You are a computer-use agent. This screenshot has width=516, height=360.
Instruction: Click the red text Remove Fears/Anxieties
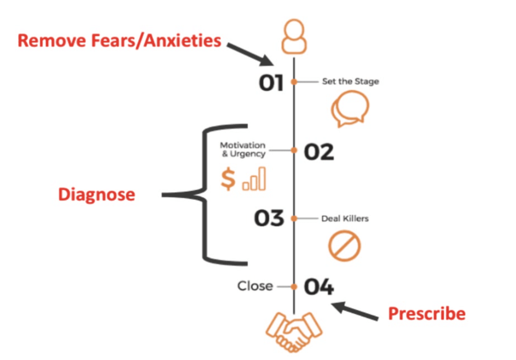click(119, 41)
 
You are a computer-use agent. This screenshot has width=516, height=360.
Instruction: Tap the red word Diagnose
click(97, 195)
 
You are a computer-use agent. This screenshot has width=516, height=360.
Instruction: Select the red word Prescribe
click(427, 314)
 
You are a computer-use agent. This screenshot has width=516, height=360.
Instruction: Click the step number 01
click(271, 83)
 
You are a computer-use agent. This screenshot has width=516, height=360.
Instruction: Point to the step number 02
click(319, 152)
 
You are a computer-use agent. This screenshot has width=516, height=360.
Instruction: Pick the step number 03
click(269, 218)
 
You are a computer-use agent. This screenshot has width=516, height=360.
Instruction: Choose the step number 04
click(319, 287)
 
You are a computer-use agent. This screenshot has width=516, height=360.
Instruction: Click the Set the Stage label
click(350, 82)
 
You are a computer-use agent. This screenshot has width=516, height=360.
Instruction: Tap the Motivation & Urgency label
click(243, 149)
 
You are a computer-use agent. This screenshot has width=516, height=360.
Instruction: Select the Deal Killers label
click(345, 218)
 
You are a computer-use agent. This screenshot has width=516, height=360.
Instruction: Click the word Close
click(255, 286)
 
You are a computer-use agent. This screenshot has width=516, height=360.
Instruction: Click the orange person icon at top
click(294, 37)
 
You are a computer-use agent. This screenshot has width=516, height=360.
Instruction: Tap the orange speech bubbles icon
click(350, 109)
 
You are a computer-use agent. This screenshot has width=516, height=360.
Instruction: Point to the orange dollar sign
click(228, 179)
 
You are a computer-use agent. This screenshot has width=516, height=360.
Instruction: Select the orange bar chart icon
click(254, 179)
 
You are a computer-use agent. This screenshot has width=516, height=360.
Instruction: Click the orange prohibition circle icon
click(344, 246)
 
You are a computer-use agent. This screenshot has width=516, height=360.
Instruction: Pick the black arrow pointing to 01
click(251, 54)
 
